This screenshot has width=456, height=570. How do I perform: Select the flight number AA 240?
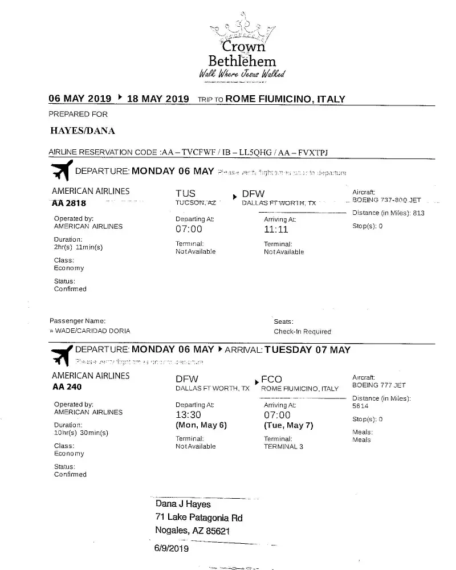click(67, 387)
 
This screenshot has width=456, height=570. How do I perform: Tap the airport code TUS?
click(186, 194)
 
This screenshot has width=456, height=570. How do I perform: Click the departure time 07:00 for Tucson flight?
click(189, 229)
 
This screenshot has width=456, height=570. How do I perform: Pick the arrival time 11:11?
click(276, 230)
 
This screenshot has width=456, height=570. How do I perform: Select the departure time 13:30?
click(189, 415)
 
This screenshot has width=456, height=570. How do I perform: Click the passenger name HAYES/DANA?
click(83, 131)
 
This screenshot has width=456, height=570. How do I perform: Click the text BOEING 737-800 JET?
click(387, 201)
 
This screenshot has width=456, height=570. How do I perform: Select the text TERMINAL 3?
click(283, 447)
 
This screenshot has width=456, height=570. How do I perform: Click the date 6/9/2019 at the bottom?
click(170, 549)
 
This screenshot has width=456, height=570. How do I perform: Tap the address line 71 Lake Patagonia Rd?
click(199, 518)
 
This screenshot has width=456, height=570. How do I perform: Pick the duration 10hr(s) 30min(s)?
click(81, 433)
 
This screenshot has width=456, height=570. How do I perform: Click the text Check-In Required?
click(302, 332)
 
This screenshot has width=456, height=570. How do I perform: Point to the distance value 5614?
click(360, 406)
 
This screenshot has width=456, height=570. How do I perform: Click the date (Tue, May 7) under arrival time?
click(288, 426)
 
